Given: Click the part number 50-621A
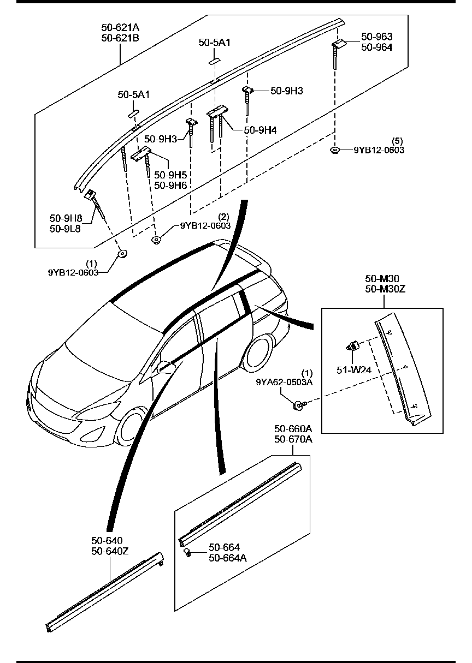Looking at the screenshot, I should coord(120,27).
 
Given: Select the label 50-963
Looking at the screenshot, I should coord(376,37).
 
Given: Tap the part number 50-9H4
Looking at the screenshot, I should coord(260,130).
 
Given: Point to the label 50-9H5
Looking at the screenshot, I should coord(170,175).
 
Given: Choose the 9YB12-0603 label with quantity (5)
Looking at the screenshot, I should coord(379,150).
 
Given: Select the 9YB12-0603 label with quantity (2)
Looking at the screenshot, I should coord(205,225).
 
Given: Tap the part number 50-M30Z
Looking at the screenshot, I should coord(386,289).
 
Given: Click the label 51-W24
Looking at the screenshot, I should coord(353,370).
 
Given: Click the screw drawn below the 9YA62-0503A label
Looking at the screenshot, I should coord(299,404).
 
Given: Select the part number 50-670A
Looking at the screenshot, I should coord(293,439).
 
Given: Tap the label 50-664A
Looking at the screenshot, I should coord(227,558).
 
